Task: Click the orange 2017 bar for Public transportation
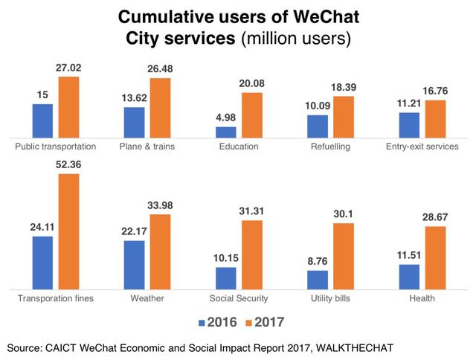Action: tap(68, 106)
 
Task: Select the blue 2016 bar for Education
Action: tap(226, 132)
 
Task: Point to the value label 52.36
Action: tap(68, 165)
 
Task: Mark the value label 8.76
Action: tap(318, 262)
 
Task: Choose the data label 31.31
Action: tap(251, 212)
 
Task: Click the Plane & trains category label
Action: tap(146, 147)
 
